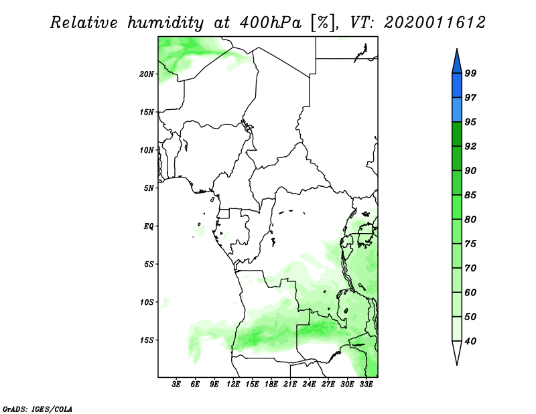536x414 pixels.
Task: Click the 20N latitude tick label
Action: (x=147, y=74)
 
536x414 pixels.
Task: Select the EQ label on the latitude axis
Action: (x=149, y=226)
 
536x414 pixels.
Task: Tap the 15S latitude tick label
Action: (x=147, y=340)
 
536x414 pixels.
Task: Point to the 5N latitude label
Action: (x=149, y=188)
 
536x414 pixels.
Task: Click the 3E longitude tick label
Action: (x=176, y=385)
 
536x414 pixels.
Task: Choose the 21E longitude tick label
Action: (x=290, y=385)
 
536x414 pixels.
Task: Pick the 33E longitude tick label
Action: (x=366, y=385)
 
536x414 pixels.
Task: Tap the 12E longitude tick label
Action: (x=232, y=385)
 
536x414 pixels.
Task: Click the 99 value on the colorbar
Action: (x=470, y=73)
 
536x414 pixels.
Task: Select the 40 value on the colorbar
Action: (x=470, y=341)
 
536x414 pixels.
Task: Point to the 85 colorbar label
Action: (x=470, y=195)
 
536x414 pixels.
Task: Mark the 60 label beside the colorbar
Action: (x=470, y=292)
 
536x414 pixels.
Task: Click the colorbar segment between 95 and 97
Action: (x=457, y=110)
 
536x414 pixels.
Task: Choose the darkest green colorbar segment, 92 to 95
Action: (x=457, y=134)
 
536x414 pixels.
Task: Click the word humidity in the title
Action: (x=165, y=23)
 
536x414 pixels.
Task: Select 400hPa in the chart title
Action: (x=271, y=23)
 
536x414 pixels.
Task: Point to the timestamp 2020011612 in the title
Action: (x=434, y=23)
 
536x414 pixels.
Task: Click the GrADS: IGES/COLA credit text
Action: (x=38, y=409)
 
